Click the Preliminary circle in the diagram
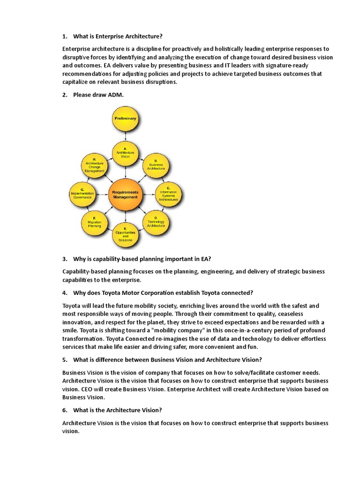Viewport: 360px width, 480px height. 125,119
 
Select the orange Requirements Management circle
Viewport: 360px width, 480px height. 125,195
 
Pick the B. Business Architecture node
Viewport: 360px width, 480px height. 156,165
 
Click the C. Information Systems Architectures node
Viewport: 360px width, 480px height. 169,194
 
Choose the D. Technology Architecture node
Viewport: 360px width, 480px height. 156,223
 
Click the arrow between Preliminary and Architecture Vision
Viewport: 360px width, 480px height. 125,137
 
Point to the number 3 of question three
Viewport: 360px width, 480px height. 64,258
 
